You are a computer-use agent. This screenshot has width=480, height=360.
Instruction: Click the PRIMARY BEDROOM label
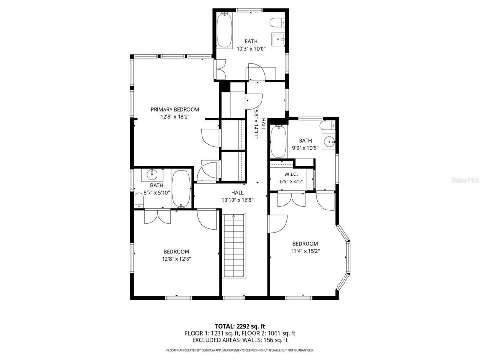tap(175, 109)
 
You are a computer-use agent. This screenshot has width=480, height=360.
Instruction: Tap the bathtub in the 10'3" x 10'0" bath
tap(225, 30)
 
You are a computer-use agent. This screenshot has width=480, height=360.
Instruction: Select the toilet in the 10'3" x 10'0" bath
tap(279, 22)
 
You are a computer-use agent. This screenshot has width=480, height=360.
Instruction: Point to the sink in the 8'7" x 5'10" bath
tap(152, 175)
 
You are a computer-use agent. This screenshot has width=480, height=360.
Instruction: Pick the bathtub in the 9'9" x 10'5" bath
tap(278, 141)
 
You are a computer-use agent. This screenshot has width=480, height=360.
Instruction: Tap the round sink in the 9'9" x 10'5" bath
tap(330, 141)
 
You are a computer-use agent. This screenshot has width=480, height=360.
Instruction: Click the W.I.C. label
tap(291, 174)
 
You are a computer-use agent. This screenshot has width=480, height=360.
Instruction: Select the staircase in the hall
tap(233, 247)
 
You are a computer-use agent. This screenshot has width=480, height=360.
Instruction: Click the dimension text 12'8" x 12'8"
tap(177, 258)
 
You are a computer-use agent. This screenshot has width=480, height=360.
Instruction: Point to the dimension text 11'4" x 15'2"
tap(305, 251)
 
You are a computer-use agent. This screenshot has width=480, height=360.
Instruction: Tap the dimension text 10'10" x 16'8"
tap(237, 200)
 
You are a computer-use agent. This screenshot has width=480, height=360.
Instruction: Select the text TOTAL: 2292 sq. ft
tap(240, 326)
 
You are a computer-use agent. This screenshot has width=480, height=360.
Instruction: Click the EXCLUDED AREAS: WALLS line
tap(240, 340)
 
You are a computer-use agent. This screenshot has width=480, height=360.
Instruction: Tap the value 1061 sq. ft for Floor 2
tap(279, 333)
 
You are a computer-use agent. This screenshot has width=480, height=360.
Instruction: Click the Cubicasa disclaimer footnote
tap(240, 350)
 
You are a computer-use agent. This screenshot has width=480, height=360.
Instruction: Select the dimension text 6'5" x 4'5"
tap(291, 181)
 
